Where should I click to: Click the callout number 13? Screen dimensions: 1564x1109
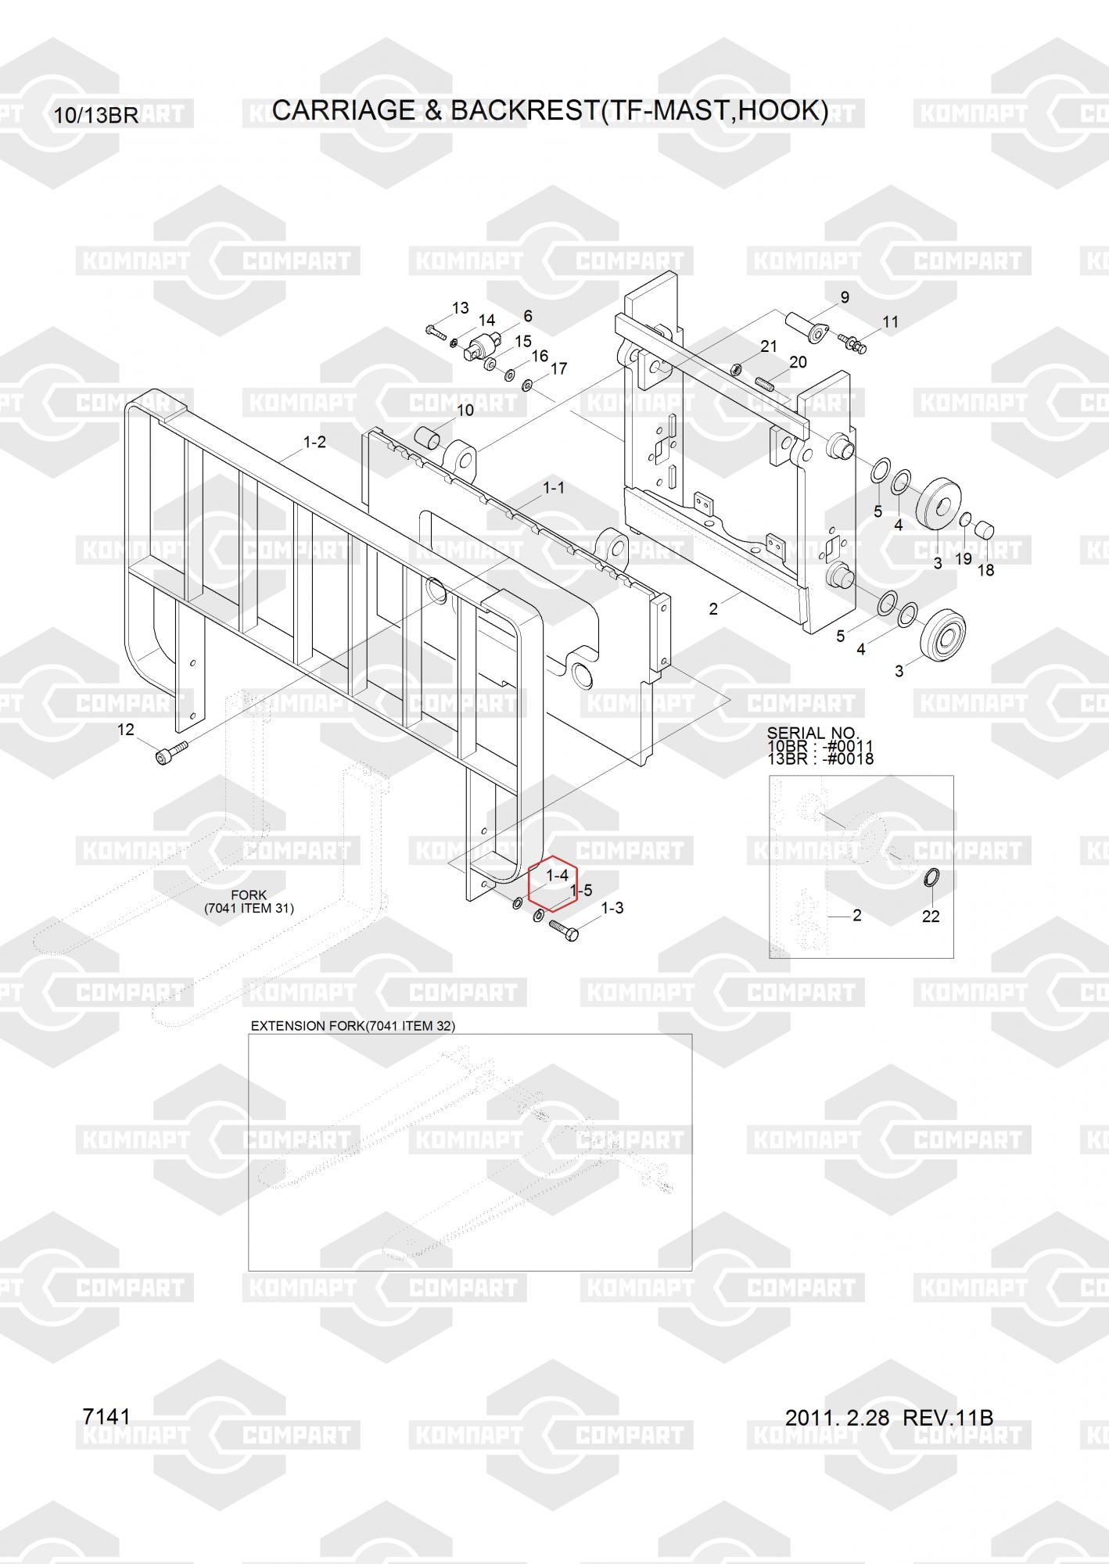click(460, 307)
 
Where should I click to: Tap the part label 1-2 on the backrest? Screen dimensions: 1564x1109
click(314, 443)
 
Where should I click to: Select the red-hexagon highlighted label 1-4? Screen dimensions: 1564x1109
click(556, 875)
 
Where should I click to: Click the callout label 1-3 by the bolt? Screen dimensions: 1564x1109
click(612, 908)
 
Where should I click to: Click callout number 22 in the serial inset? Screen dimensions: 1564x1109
click(930, 916)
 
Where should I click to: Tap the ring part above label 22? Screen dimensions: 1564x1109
click(931, 879)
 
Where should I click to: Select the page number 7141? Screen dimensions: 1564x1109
click(106, 1417)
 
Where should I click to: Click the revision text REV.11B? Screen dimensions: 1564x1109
click(948, 1418)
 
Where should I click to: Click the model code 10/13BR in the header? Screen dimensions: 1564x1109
click(96, 116)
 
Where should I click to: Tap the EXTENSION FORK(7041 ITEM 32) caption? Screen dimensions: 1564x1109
click(353, 1026)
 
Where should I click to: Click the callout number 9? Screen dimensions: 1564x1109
click(845, 297)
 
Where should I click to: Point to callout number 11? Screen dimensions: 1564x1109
click(890, 321)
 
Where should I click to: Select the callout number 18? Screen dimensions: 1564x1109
click(985, 570)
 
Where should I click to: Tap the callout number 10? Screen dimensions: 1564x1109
click(465, 410)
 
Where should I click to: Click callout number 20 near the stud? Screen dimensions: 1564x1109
click(798, 362)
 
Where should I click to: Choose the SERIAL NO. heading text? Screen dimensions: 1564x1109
click(813, 733)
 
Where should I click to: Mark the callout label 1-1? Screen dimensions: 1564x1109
click(554, 488)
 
